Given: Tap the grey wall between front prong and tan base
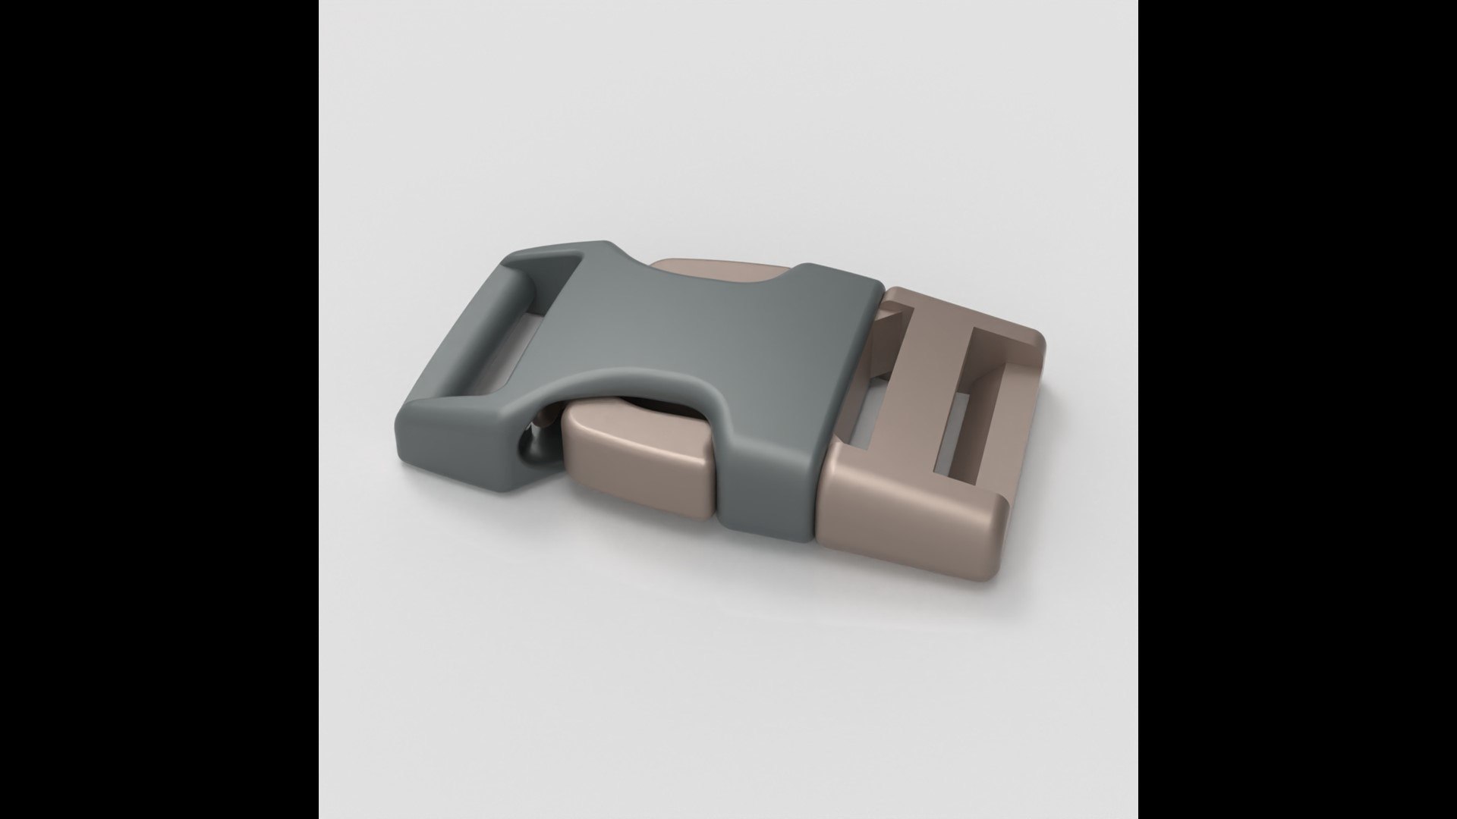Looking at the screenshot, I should click(x=766, y=485).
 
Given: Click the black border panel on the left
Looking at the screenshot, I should click(x=159, y=409).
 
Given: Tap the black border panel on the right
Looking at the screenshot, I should click(x=1298, y=409).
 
